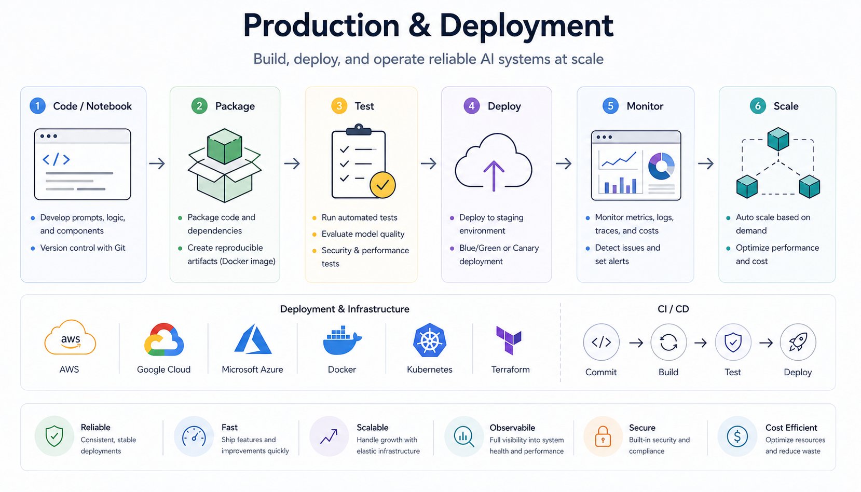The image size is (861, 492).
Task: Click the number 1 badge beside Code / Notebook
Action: coord(37,106)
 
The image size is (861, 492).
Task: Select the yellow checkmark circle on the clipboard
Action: coord(382,185)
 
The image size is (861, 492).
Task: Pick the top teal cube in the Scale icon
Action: coord(778,139)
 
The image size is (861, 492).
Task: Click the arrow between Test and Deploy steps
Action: coord(429,163)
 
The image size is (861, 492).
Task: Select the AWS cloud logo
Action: coord(70,338)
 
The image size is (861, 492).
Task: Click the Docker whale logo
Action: coord(342,341)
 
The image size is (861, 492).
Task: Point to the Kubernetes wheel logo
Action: coord(430,340)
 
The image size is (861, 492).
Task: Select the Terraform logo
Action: coord(509,340)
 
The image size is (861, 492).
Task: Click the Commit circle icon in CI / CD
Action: coord(601,342)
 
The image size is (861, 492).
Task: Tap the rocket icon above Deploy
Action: coord(798,342)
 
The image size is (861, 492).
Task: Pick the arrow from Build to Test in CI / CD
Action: coord(701,343)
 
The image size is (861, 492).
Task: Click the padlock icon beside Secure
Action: coord(603,436)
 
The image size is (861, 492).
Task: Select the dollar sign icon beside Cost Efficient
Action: coord(737,436)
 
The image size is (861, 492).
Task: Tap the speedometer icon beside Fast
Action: coord(194,436)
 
